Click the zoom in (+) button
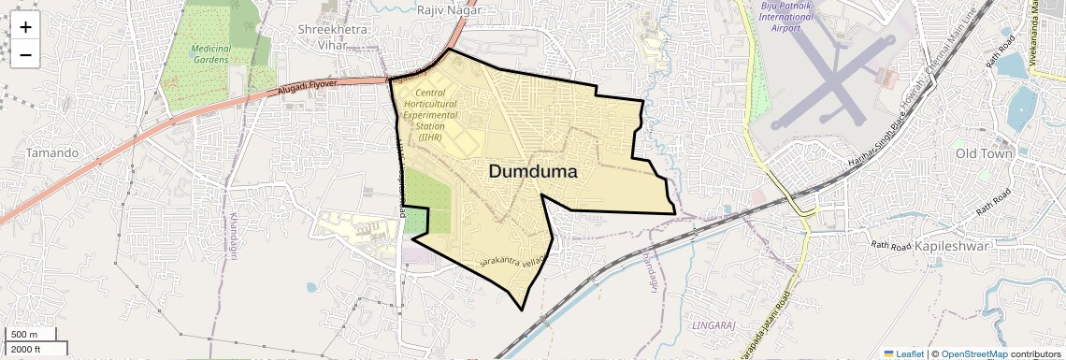[x=25, y=27]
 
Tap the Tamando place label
[x=52, y=152]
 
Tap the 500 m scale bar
[x=25, y=335]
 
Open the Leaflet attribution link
[x=903, y=353]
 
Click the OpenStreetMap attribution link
[x=973, y=353]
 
